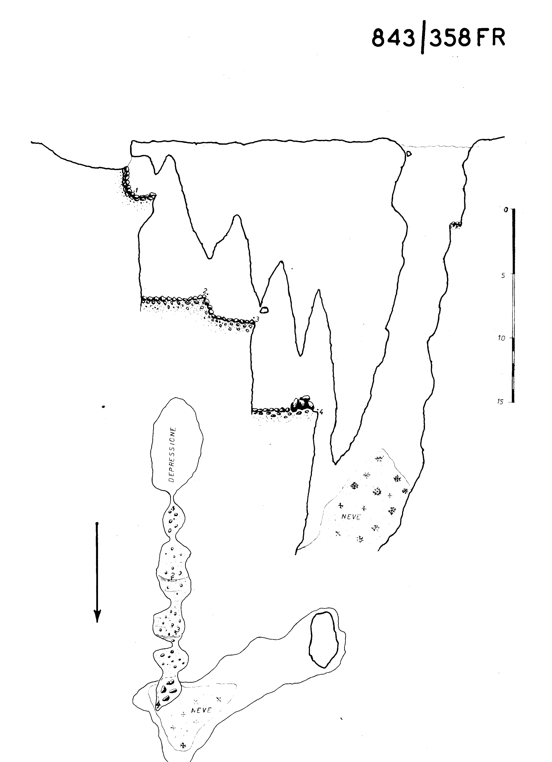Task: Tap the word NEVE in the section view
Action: coord(351,517)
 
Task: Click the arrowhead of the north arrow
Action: coord(97,616)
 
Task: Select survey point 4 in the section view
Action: coord(321,412)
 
